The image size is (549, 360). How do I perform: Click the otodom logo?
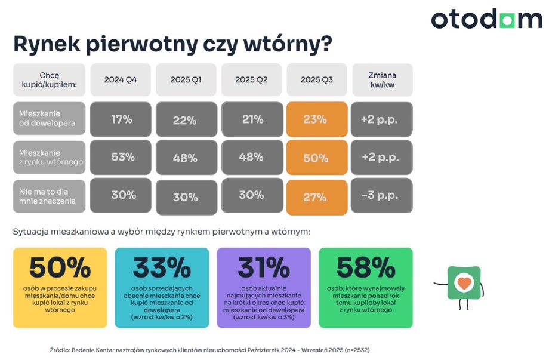coord(486,20)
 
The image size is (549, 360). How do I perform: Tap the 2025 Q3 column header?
coord(317,80)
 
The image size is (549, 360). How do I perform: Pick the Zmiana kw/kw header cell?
coord(382,80)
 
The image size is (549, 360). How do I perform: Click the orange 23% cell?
coord(317,119)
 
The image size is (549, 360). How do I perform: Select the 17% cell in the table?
coord(121,119)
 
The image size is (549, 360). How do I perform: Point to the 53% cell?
coord(121,157)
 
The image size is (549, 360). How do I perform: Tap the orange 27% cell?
coord(317,197)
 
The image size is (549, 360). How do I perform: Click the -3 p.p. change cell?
coord(382,195)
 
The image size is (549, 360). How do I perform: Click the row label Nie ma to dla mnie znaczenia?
coord(50,195)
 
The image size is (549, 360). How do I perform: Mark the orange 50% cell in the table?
coord(317,158)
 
